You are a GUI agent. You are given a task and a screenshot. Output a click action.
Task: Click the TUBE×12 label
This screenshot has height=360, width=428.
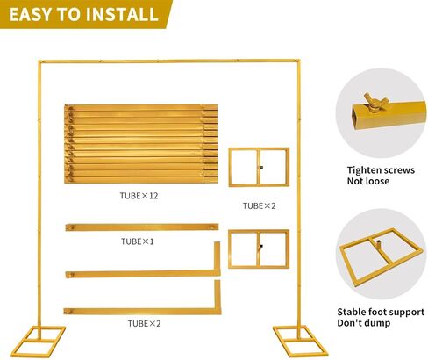coord(139,196)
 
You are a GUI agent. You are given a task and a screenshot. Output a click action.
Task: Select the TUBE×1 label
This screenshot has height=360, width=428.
coord(137,241)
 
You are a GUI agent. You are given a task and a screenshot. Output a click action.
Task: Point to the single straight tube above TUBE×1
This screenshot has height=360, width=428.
coord(142,227)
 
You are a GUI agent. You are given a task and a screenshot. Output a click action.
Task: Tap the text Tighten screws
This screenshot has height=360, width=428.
coord(381,170)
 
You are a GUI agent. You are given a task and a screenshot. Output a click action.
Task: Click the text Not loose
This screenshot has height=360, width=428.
coord(368,181)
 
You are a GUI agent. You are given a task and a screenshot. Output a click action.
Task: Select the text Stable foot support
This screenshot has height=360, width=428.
coord(381,312)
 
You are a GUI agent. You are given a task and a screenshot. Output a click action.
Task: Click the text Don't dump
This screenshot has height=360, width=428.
coord(363,323)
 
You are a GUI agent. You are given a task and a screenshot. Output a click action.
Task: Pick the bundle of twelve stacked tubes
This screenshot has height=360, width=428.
coord(140,144)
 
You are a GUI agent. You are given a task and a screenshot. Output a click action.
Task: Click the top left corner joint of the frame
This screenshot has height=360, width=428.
coord(40,62)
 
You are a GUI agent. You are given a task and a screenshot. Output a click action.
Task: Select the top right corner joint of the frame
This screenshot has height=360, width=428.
coord(297,61)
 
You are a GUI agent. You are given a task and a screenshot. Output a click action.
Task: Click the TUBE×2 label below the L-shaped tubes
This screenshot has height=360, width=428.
coord(144,324)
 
